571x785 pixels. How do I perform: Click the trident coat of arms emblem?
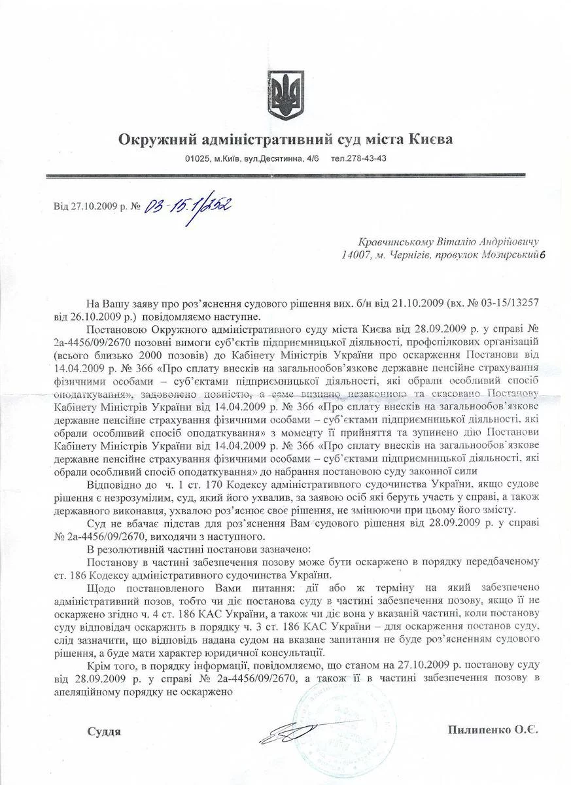point(286,95)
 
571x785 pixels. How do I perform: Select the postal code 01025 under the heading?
point(196,158)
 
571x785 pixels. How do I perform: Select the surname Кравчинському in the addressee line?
point(394,243)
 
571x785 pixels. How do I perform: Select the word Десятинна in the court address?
point(279,158)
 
